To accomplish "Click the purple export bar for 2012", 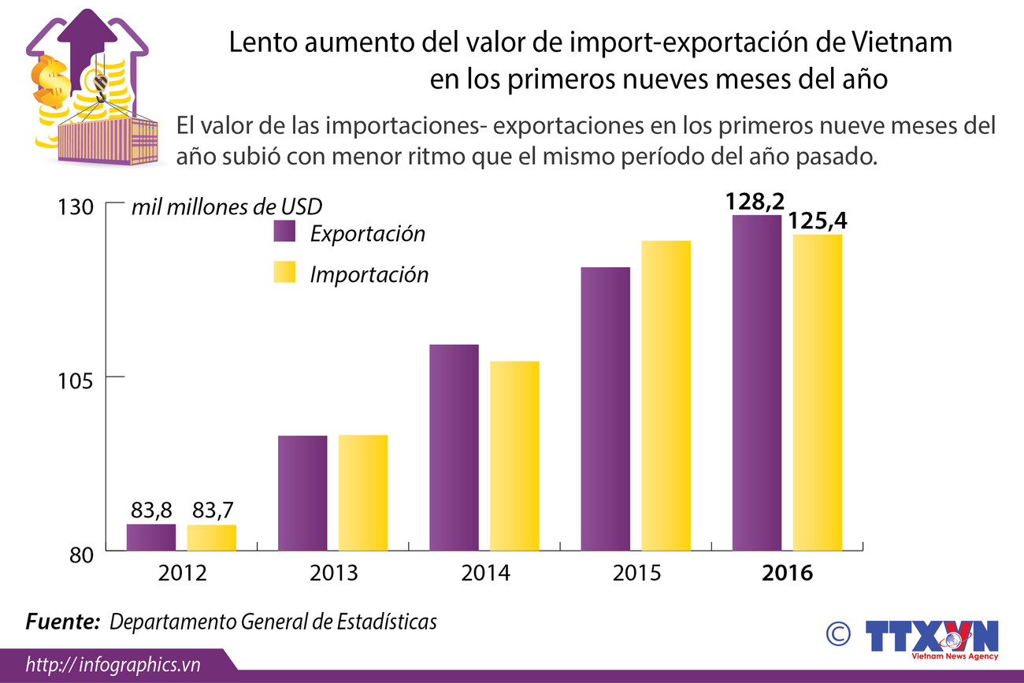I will (151, 537).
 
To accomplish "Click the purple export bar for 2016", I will (757, 383).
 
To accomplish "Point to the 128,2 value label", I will (755, 202).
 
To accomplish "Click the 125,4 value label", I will (818, 221).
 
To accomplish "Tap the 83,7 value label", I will (211, 510).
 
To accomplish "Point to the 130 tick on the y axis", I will (77, 207).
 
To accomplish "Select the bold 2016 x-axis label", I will (787, 573).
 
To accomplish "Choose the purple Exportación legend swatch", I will (284, 232).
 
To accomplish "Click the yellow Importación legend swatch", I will (284, 273).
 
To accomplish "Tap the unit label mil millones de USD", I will (227, 207).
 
